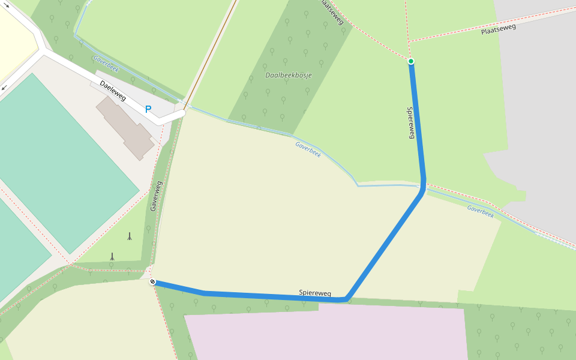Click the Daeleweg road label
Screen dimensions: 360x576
pyautogui.click(x=113, y=92)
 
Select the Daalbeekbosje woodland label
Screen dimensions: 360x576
pyautogui.click(x=285, y=75)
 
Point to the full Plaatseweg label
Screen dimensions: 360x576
pyautogui.click(x=498, y=28)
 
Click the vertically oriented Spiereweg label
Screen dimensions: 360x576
pyautogui.click(x=411, y=123)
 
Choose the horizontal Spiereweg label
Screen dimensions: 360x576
pyautogui.click(x=315, y=293)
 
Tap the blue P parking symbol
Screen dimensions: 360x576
pyautogui.click(x=148, y=109)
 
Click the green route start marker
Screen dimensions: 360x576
pyautogui.click(x=411, y=61)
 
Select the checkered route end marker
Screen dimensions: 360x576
pyautogui.click(x=153, y=281)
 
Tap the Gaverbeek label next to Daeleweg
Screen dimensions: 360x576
pyautogui.click(x=106, y=64)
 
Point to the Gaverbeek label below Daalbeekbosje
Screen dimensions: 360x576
pyautogui.click(x=308, y=149)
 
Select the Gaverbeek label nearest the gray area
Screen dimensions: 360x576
pyautogui.click(x=480, y=211)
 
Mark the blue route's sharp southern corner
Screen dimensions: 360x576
pyautogui.click(x=346, y=298)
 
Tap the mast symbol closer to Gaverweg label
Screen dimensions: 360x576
pyautogui.click(x=129, y=236)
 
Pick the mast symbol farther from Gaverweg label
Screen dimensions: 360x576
pyautogui.click(x=112, y=257)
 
